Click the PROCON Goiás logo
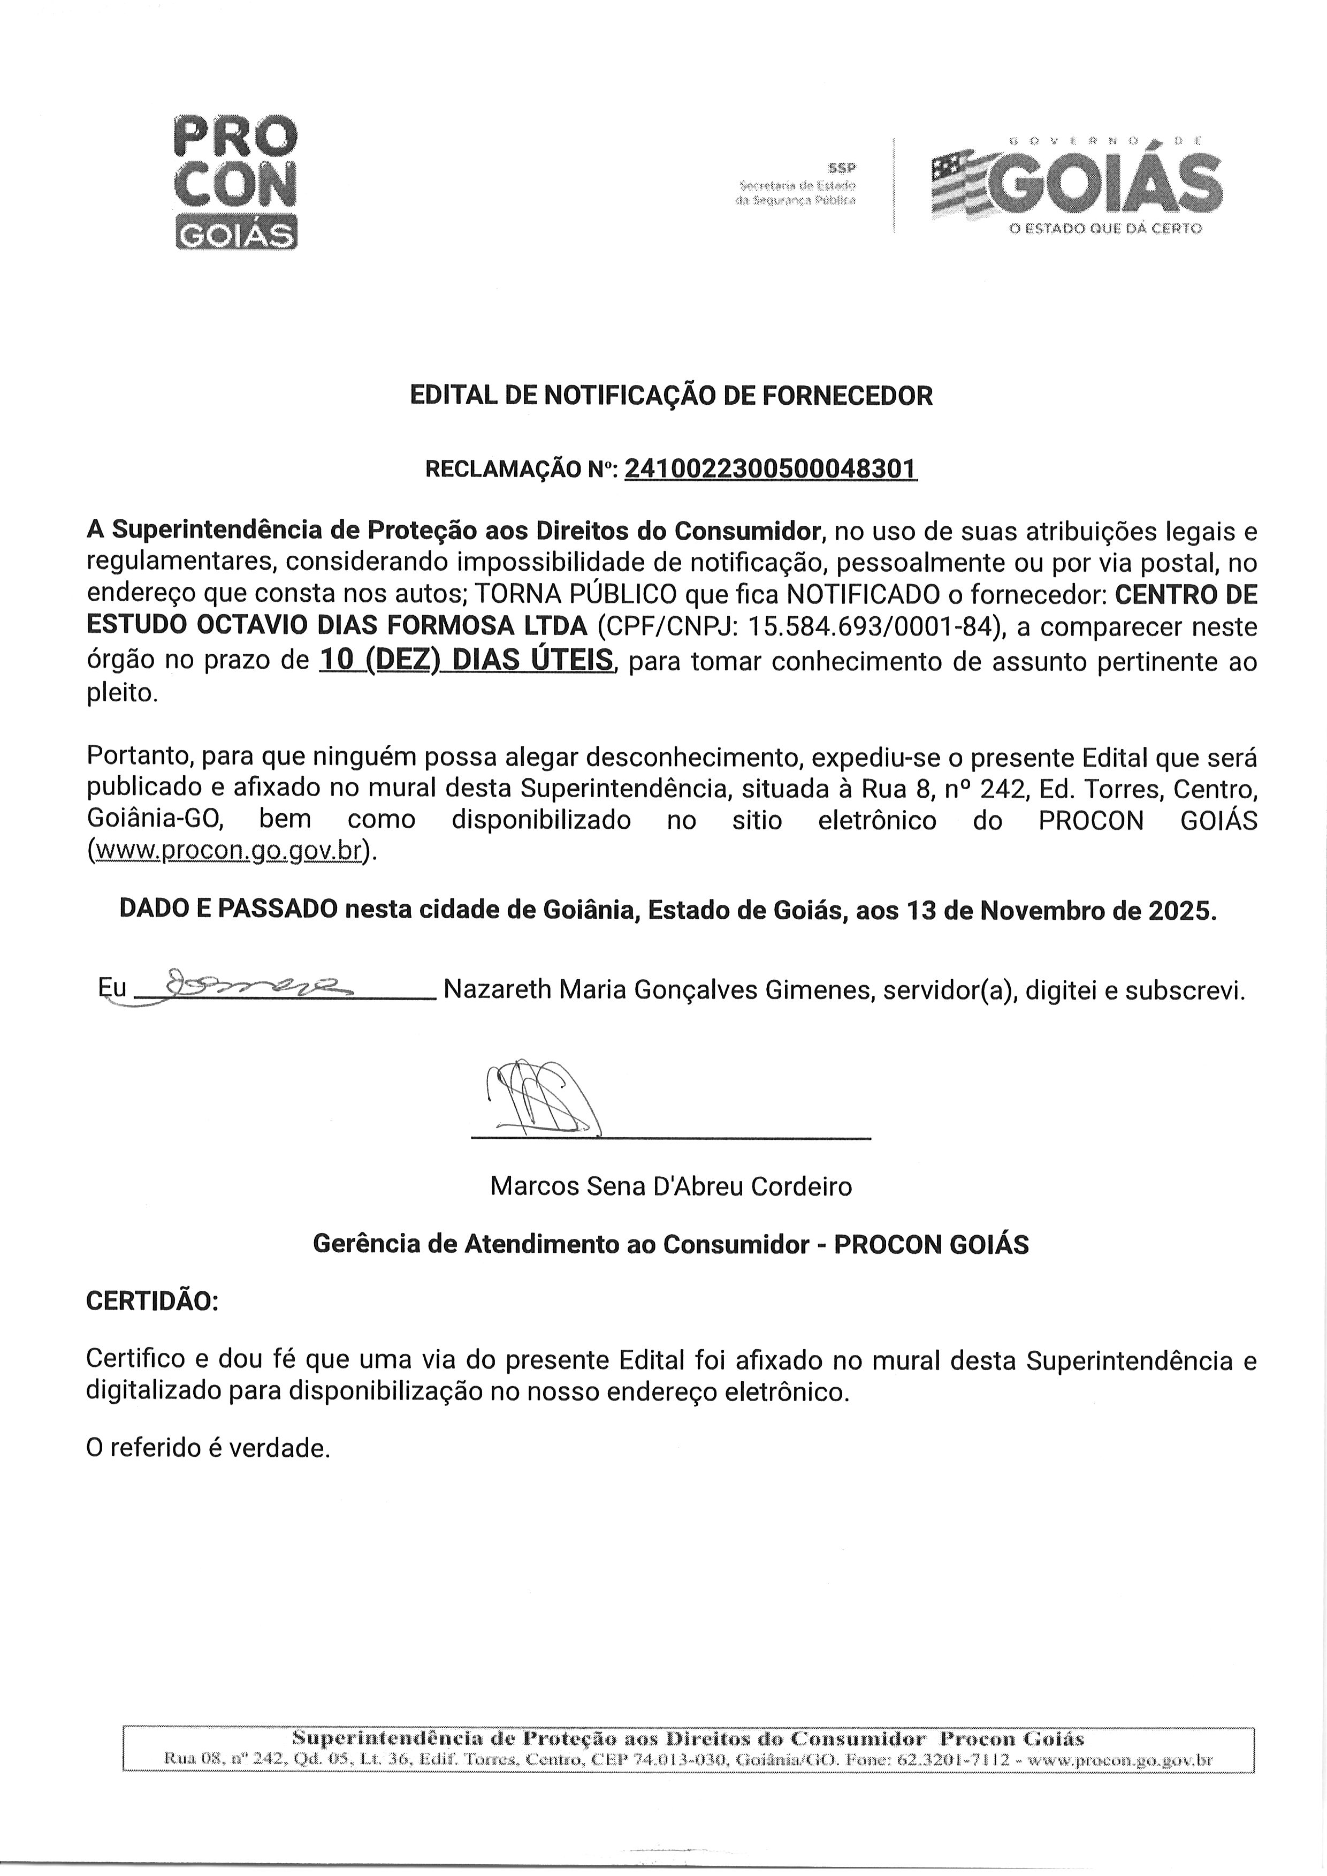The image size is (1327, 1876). [x=235, y=182]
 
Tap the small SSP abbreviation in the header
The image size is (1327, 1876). [x=842, y=168]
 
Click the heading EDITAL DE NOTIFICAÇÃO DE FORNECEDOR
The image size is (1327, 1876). [x=670, y=396]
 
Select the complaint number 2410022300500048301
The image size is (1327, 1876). [x=771, y=469]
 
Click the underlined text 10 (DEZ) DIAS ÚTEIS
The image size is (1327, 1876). [x=466, y=660]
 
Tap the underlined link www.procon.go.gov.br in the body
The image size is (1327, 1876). [x=228, y=850]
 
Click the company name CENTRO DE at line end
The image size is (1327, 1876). [x=1186, y=595]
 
